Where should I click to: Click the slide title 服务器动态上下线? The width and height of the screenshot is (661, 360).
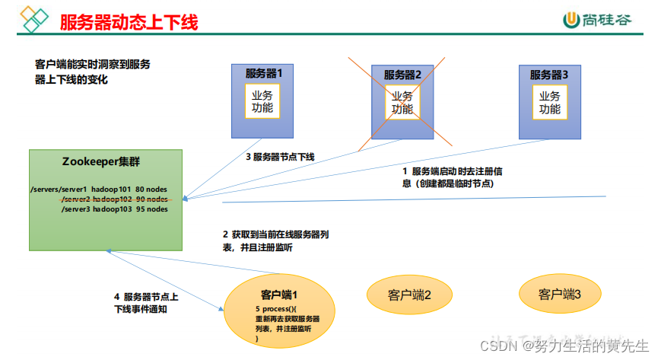point(129,22)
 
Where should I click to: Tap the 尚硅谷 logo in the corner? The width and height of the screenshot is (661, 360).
point(596,21)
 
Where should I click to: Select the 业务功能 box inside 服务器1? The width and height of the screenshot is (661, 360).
point(262,101)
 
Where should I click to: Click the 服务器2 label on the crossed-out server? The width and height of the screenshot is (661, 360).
point(402,75)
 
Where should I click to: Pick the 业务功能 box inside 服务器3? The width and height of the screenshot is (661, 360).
point(549,101)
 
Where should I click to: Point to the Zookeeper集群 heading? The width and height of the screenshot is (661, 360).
point(100,162)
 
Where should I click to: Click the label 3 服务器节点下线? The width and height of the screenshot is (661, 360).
point(280,157)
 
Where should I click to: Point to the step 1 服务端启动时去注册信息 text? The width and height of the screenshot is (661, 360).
point(452,177)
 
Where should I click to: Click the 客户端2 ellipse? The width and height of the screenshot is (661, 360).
point(409,294)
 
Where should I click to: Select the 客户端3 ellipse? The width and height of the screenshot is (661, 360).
point(561,293)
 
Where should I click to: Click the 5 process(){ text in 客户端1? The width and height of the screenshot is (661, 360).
point(275,310)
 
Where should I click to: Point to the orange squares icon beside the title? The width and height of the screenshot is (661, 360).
point(33,18)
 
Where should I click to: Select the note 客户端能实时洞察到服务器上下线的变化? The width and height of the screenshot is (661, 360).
point(92,72)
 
